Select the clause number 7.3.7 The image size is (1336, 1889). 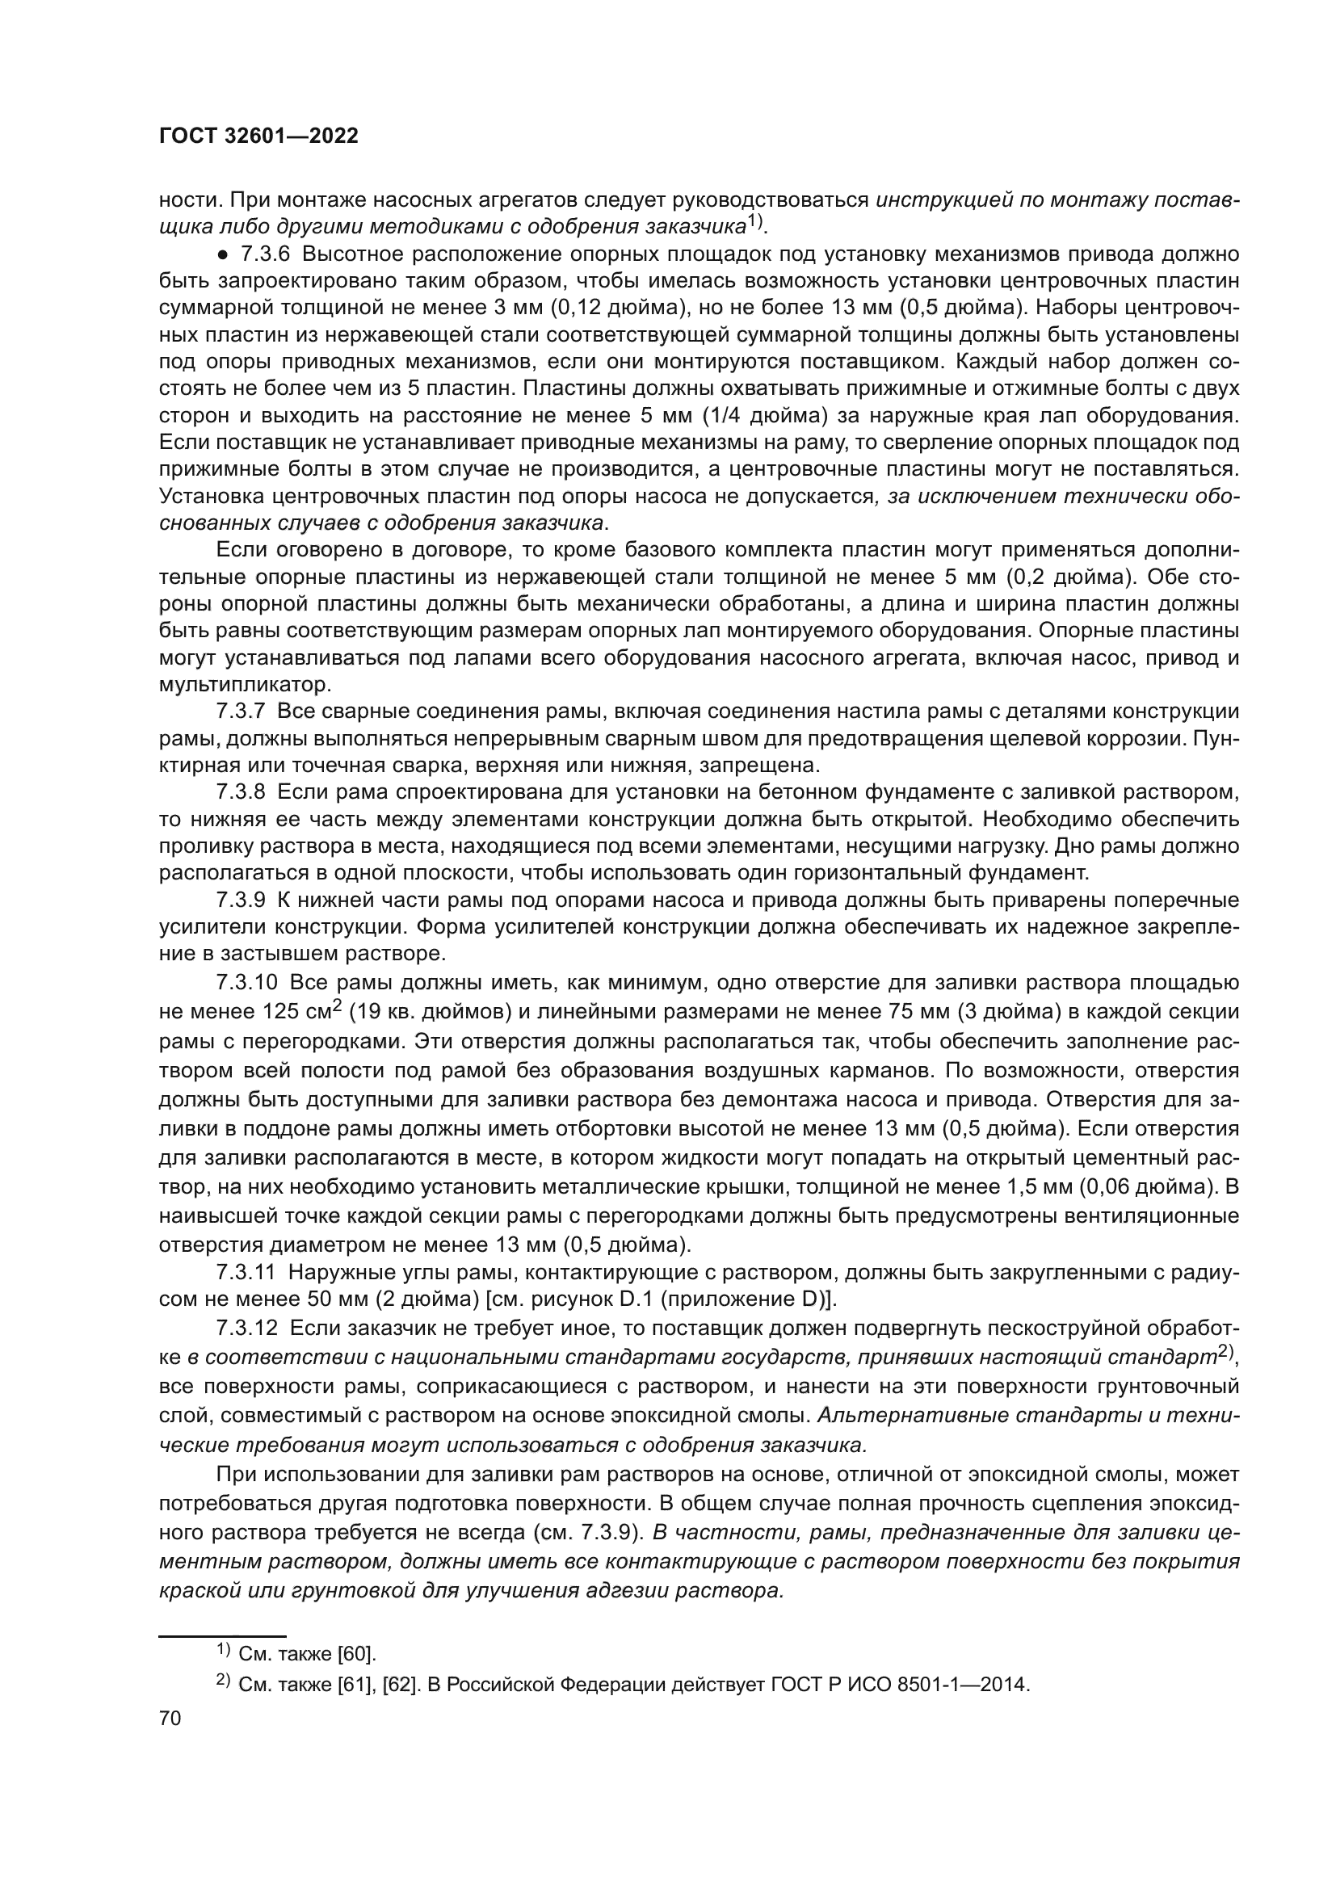241,712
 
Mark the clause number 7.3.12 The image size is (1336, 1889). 248,1328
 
